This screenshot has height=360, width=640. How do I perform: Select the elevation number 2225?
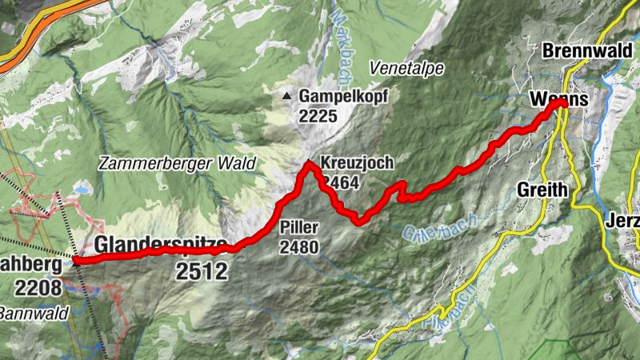(319, 116)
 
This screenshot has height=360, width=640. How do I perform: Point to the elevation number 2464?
(340, 182)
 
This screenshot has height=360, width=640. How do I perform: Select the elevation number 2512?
(202, 271)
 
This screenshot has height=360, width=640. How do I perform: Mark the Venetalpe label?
(406, 69)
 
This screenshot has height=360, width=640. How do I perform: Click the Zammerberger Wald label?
(177, 163)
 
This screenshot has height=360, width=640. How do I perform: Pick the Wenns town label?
(558, 100)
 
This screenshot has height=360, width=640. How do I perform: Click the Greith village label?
(542, 190)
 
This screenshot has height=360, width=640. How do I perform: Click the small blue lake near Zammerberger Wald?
(82, 191)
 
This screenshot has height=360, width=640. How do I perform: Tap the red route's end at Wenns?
(562, 103)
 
